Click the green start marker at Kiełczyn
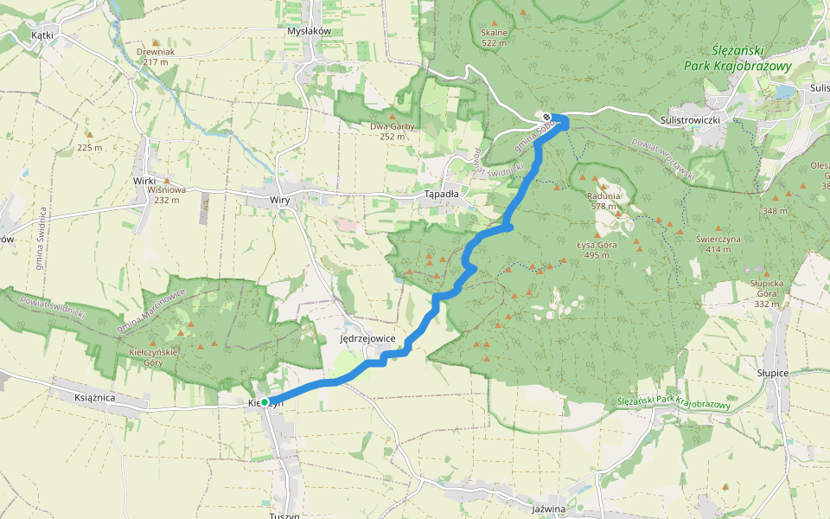(265, 402)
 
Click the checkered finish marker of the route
(547, 118)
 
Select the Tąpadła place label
(441, 194)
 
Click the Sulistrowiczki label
(689, 119)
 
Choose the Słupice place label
(773, 372)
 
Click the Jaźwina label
(549, 509)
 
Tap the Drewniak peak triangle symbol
(156, 42)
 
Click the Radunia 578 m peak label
(603, 201)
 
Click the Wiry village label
(279, 200)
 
